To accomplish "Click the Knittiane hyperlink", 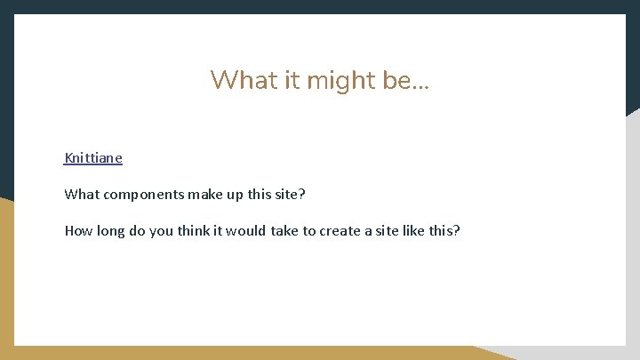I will (x=93, y=158).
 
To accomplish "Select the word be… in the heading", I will (x=406, y=80).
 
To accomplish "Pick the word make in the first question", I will (x=204, y=195).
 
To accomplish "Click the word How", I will (x=78, y=231).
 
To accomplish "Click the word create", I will (x=340, y=231).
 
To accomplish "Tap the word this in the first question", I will (x=260, y=195).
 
